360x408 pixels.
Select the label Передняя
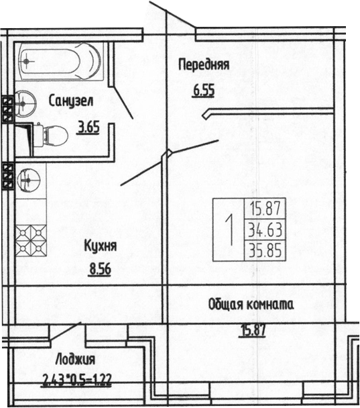(204, 65)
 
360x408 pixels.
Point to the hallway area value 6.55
(204, 90)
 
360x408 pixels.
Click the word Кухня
(101, 246)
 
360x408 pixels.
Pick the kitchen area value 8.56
(101, 271)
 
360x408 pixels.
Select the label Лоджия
(76, 359)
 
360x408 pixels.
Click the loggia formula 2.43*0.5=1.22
(76, 385)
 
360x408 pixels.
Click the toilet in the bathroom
(52, 136)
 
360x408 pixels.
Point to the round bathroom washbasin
(27, 103)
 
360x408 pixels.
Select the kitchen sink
(29, 179)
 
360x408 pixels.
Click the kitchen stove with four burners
(29, 238)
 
